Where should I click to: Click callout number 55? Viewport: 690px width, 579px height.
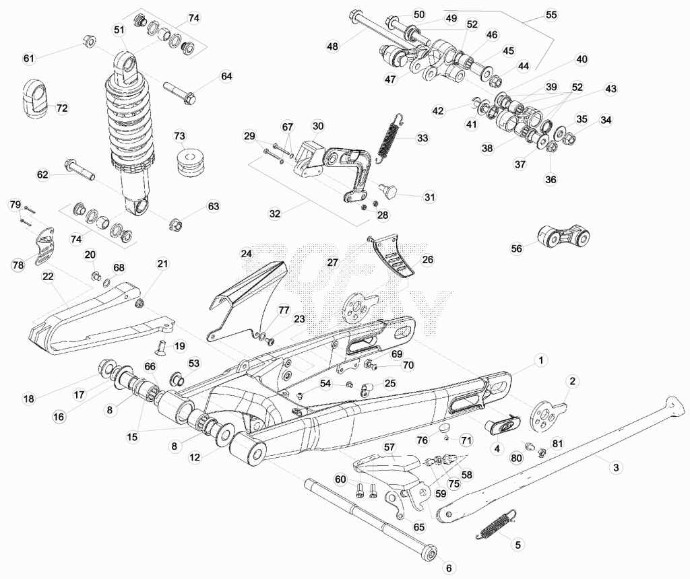coord(551,15)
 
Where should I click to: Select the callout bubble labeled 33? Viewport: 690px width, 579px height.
coord(422,138)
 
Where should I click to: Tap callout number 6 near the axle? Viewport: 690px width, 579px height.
coord(449,568)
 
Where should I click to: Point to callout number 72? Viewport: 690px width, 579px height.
coord(62,108)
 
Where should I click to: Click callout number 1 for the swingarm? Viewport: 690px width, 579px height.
coord(541,360)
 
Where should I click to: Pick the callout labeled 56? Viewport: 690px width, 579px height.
coord(516,248)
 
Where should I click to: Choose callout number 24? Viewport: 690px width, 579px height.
coord(247,254)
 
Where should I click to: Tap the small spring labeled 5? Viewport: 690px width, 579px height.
coord(497,524)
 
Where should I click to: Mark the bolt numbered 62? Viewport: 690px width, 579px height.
coord(80,170)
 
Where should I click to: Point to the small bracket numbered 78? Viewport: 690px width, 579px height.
coord(44,247)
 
